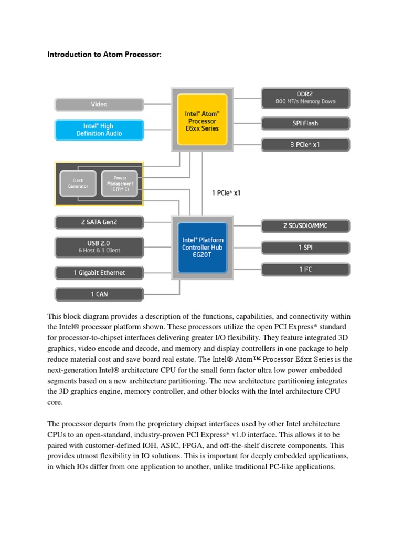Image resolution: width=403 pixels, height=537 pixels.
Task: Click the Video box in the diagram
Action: click(99, 104)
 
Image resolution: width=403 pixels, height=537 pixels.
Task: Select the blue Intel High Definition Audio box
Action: click(99, 130)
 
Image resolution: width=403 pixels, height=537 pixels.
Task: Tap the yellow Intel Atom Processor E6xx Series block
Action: click(202, 120)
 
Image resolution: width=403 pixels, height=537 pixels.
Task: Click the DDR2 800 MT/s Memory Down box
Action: click(305, 98)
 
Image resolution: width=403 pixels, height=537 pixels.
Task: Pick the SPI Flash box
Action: click(305, 123)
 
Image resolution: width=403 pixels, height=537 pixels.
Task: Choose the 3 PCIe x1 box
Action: click(305, 145)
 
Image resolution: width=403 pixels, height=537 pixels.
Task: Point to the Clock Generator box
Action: click(78, 184)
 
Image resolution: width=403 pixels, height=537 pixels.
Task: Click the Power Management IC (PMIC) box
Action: click(120, 184)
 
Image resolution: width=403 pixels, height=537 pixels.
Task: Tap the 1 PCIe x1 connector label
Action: click(226, 193)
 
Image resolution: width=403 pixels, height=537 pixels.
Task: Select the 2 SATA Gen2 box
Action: click(99, 222)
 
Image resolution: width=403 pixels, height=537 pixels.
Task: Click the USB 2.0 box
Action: click(99, 246)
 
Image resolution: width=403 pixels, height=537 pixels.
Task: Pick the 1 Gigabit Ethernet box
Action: click(99, 273)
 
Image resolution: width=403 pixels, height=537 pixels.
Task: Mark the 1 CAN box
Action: click(99, 294)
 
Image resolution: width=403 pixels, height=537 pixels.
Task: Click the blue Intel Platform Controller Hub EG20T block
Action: click(202, 247)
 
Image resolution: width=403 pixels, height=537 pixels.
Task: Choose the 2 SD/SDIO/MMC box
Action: click(305, 226)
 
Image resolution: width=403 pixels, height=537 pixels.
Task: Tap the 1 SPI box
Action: click(305, 247)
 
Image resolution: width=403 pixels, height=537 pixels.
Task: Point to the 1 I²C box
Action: click(305, 270)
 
